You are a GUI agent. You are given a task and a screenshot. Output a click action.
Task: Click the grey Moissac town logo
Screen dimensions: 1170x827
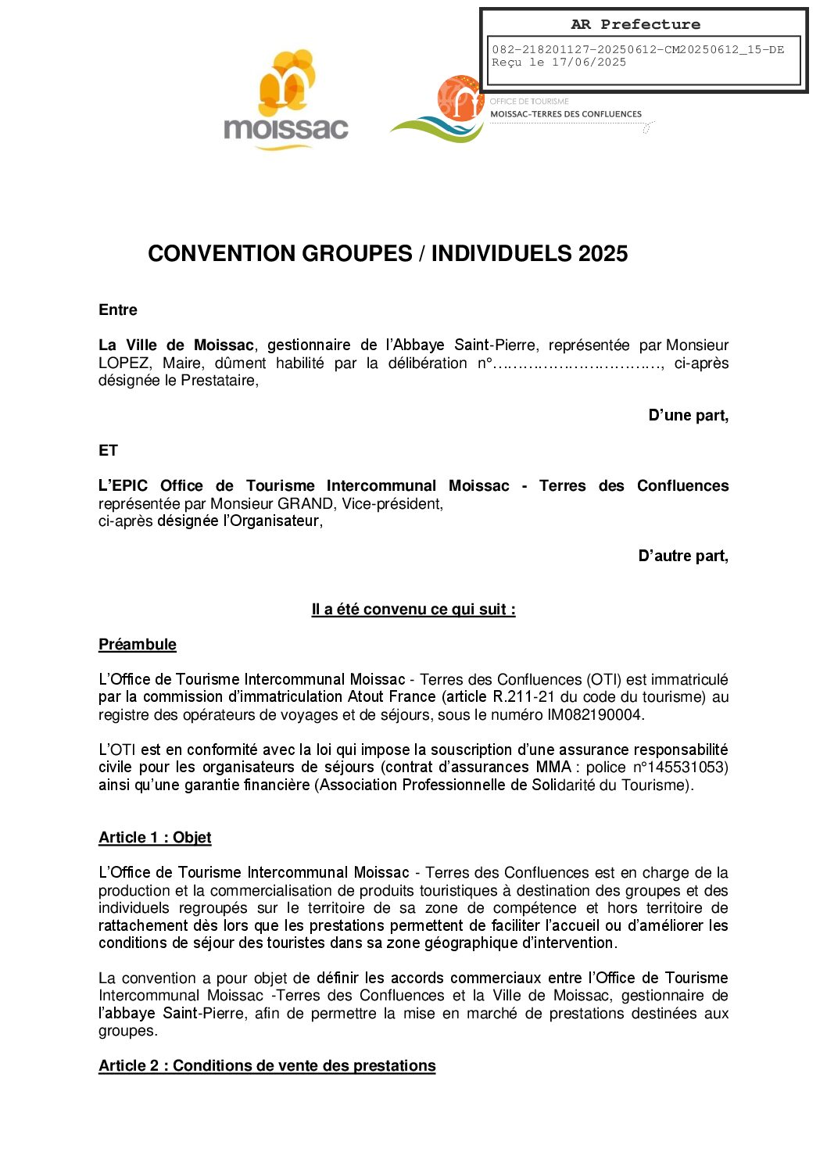(x=286, y=101)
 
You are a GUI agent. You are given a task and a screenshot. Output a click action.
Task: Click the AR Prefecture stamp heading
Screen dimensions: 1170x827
(x=635, y=24)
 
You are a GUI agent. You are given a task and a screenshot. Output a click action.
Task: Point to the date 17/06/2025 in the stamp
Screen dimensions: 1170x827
(x=589, y=63)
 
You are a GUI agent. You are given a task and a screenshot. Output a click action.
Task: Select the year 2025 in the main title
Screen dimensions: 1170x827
(x=603, y=253)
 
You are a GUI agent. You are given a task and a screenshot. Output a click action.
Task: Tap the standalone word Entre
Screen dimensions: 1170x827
(x=118, y=310)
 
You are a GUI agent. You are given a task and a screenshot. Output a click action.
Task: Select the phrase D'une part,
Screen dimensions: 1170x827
(x=688, y=416)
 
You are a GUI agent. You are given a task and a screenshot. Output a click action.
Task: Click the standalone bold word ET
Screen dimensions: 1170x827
(x=108, y=451)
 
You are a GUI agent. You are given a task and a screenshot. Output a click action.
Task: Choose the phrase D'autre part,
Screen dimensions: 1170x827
(x=683, y=556)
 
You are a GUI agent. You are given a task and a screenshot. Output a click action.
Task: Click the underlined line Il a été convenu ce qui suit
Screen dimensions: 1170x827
(x=413, y=610)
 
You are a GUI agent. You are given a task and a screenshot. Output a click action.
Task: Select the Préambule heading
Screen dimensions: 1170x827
(x=138, y=645)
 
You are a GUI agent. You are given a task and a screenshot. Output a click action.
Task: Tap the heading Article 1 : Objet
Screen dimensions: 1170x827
(x=155, y=838)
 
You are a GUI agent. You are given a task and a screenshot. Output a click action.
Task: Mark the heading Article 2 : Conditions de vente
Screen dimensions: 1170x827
(x=267, y=1066)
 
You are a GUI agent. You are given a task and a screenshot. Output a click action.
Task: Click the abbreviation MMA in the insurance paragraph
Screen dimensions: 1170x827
(x=553, y=767)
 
